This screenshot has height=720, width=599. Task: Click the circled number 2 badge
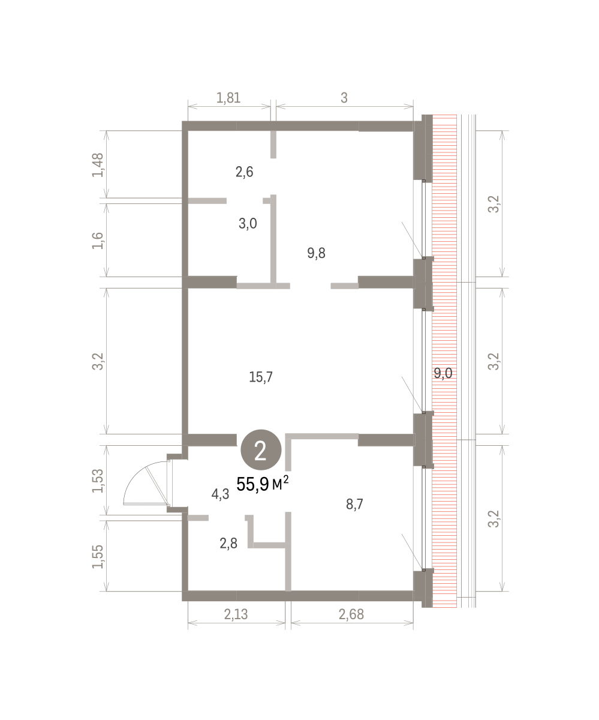pos(261,449)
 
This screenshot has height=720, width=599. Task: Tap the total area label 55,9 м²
pos(262,484)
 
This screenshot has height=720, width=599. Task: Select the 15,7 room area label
pos(261,377)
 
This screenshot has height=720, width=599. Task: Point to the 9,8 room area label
pos(316,253)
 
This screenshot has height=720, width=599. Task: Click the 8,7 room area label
pos(354,505)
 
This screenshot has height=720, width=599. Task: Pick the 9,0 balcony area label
pos(443,373)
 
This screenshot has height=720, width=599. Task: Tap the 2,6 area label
pos(245,172)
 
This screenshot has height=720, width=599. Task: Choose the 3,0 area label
pos(248,224)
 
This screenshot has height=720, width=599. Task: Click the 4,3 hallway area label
pos(220,494)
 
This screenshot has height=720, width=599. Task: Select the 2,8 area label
pos(228,544)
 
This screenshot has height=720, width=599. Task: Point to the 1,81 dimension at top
pos(228,98)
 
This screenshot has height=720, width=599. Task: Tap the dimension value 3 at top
pos(344,98)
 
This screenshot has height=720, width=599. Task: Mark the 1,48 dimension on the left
pos(98,165)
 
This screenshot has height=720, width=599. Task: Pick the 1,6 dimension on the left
pos(98,241)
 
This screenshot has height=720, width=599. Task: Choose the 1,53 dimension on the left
pos(98,481)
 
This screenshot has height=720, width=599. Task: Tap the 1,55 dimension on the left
pos(98,556)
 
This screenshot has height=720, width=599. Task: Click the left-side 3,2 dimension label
pos(98,361)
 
